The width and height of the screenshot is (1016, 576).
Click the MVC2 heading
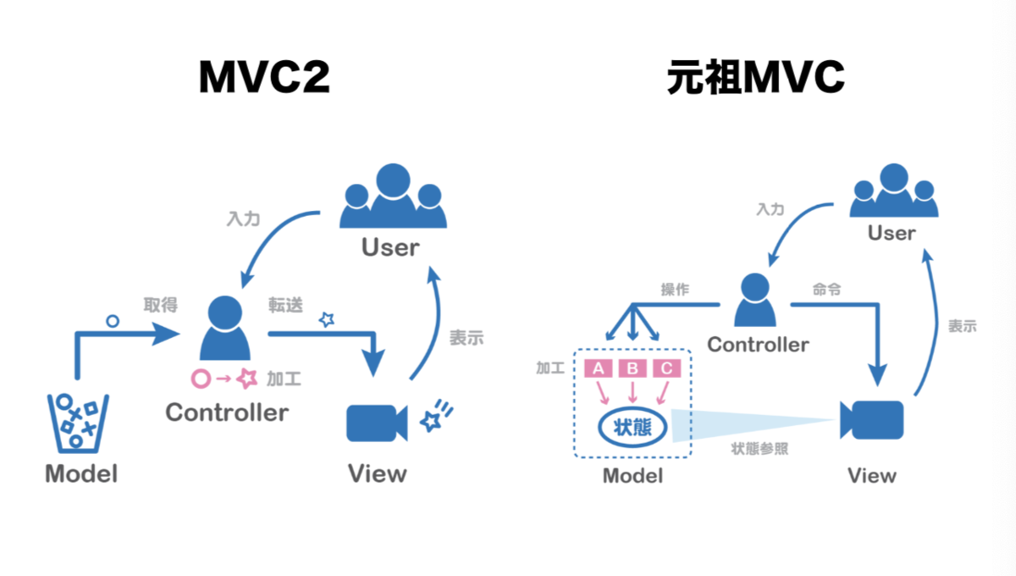pyautogui.click(x=264, y=77)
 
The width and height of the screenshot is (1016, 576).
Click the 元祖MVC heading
pyautogui.click(x=755, y=77)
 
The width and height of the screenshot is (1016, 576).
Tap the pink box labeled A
pyautogui.click(x=599, y=368)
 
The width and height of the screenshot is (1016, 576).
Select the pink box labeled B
pyautogui.click(x=632, y=368)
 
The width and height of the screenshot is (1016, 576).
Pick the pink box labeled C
pyautogui.click(x=667, y=368)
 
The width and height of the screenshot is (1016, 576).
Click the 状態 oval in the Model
pyautogui.click(x=632, y=427)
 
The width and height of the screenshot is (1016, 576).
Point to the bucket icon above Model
pyautogui.click(x=78, y=423)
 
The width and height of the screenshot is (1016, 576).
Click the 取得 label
pyautogui.click(x=161, y=305)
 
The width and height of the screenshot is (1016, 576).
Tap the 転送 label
pyautogui.click(x=285, y=305)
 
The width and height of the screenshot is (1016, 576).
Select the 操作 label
pyautogui.click(x=675, y=289)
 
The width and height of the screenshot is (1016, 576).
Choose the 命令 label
pyautogui.click(x=826, y=289)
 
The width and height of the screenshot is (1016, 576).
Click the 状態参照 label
pyautogui.click(x=759, y=449)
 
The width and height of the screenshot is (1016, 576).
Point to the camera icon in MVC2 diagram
pyautogui.click(x=377, y=423)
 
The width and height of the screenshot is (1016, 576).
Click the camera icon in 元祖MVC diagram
pyautogui.click(x=872, y=420)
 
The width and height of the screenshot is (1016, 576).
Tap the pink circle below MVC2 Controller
pyautogui.click(x=201, y=379)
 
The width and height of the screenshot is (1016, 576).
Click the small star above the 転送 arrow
pyautogui.click(x=327, y=319)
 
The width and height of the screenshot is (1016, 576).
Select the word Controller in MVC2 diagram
pyautogui.click(x=227, y=413)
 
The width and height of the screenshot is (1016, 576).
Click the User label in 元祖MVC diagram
pyautogui.click(x=892, y=233)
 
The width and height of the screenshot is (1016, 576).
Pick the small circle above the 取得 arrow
pyautogui.click(x=113, y=321)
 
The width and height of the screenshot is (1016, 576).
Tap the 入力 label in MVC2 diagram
pyautogui.click(x=244, y=219)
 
